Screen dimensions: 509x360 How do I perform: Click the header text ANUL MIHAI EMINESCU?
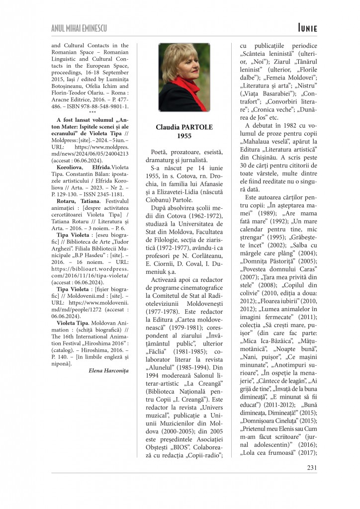80,29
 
